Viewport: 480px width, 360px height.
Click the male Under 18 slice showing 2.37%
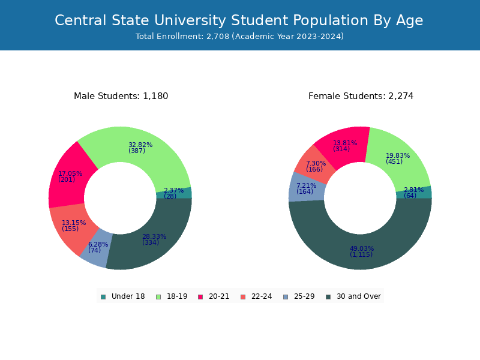[x=174, y=193]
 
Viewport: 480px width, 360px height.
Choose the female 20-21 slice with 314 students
[x=344, y=145]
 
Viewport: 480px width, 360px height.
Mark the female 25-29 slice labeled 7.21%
[x=306, y=188]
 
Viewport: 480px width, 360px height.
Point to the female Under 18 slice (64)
[x=414, y=192]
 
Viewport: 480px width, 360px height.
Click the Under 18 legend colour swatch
[x=103, y=296]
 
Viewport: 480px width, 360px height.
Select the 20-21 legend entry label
[x=219, y=296]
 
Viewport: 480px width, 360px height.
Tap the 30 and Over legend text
[x=359, y=296]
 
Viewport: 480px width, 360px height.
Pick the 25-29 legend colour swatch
[x=286, y=296]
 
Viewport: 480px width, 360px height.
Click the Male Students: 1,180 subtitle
[x=121, y=96]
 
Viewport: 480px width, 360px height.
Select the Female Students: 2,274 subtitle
[x=361, y=96]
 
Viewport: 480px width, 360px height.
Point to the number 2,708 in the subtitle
[x=218, y=37]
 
